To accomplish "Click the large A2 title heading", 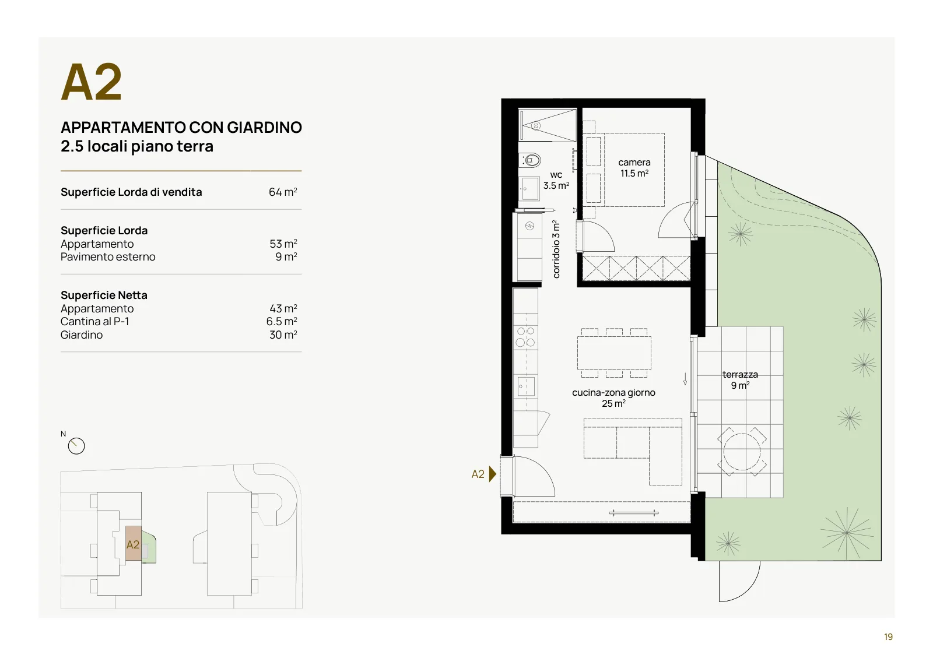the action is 91,82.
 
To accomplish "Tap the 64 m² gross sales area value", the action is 283,192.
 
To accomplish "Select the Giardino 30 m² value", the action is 283,335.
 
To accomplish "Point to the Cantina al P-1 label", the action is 95,321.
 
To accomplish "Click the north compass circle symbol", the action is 76,446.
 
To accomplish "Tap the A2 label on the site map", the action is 133,544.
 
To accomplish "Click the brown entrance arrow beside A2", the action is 492,474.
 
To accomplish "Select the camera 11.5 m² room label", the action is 634,168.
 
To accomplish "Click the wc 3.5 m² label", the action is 556,180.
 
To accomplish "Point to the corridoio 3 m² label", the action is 556,249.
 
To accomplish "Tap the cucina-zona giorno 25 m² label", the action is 613,398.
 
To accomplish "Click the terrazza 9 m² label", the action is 740,380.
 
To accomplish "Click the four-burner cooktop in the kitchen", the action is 525,337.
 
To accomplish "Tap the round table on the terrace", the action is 742,452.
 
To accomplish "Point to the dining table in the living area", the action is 614,353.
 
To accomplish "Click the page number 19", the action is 889,637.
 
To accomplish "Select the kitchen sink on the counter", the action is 526,386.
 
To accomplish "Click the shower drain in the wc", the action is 536,125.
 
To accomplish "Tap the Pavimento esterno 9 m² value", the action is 286,257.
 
